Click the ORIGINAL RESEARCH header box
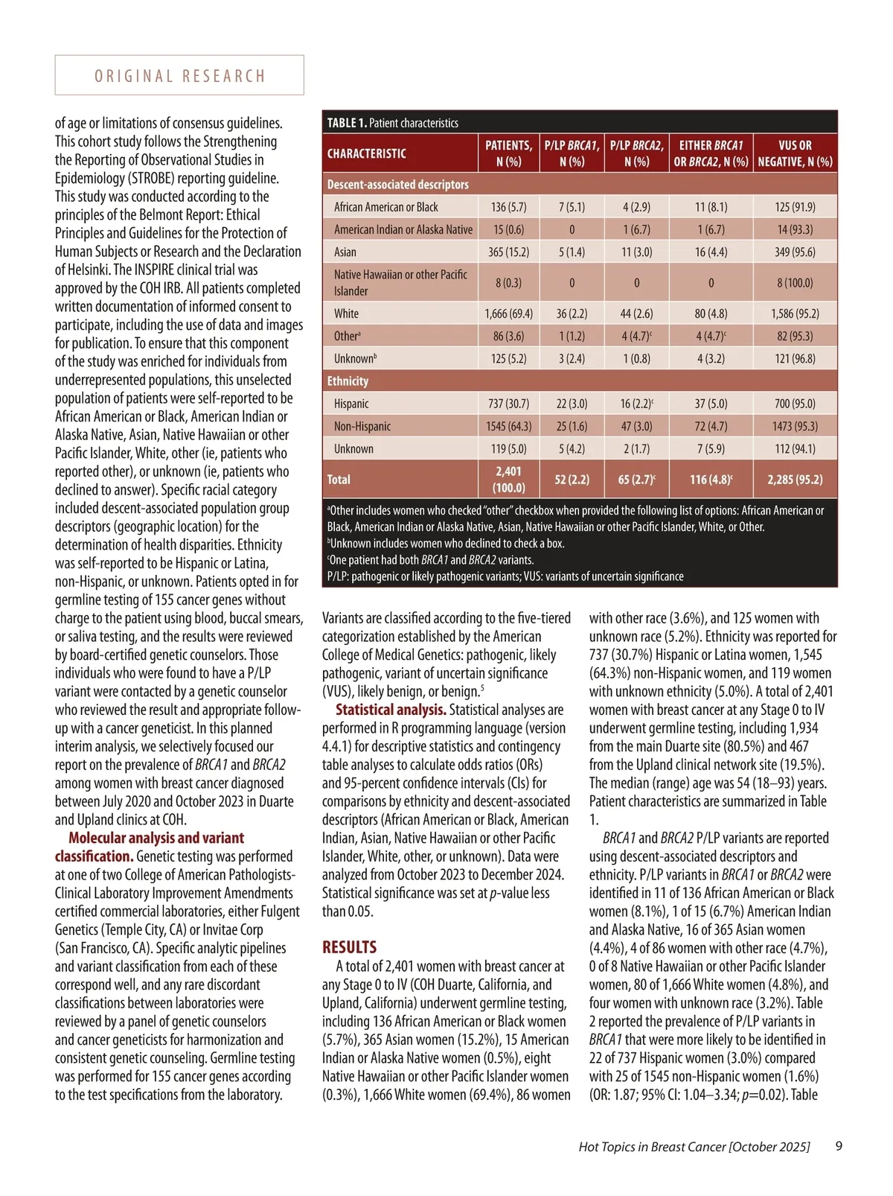tap(179, 75)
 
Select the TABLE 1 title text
tap(392, 123)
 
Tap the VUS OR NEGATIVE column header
tap(795, 153)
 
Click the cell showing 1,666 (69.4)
tap(508, 314)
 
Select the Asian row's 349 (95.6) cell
tap(795, 252)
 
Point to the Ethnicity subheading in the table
tap(348, 381)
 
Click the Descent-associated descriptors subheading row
tap(398, 184)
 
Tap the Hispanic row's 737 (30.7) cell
tap(508, 404)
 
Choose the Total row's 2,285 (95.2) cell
tap(795, 480)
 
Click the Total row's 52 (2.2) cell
tap(572, 480)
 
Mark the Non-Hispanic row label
tap(362, 426)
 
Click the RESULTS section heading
tap(349, 947)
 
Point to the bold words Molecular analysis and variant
tap(156, 838)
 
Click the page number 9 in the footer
tap(839, 1146)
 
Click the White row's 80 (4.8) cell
tap(711, 314)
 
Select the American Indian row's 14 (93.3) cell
tap(795, 229)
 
